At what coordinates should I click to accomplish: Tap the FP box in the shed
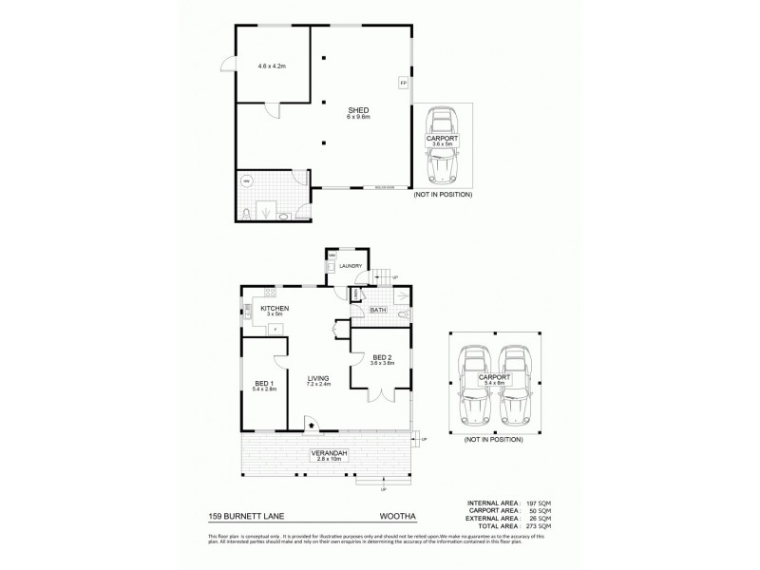tap(404, 85)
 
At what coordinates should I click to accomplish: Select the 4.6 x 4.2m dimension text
tap(273, 66)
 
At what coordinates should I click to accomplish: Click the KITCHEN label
tap(275, 309)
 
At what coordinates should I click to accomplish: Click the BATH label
tap(377, 309)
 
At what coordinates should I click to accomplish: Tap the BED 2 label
tap(382, 357)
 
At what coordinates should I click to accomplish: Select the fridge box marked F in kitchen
tap(275, 329)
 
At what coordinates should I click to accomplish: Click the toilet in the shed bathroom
tap(247, 213)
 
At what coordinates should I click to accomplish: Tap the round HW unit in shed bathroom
tap(247, 180)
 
